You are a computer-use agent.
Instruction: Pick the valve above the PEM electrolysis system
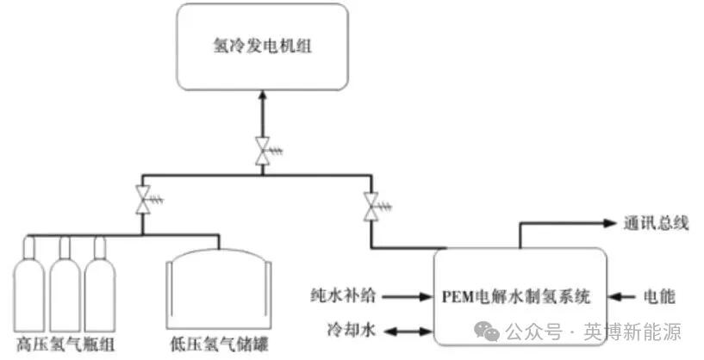[x=371, y=206]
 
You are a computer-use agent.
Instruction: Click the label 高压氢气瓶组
[x=65, y=345]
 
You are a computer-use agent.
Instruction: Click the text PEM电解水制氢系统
[x=518, y=298]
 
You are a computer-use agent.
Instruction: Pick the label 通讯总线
[x=657, y=224]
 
